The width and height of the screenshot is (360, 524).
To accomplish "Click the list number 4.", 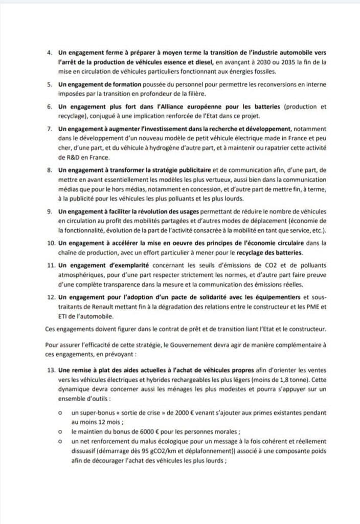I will [49, 53].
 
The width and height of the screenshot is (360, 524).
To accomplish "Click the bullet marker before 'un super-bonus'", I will [60, 412].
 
